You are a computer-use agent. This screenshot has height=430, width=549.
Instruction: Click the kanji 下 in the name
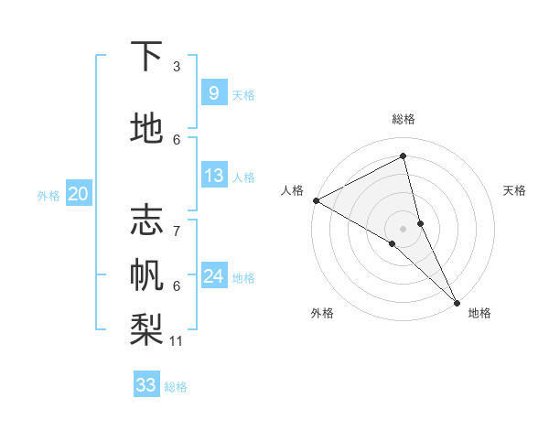point(146,58)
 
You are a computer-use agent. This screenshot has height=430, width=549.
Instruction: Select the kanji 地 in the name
point(146,129)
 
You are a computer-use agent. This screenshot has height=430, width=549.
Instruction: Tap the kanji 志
point(146,220)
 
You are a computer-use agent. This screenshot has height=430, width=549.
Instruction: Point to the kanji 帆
point(146,274)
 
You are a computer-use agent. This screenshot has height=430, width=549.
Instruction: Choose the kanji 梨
point(146,327)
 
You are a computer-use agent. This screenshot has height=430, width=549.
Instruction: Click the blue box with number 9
point(213,92)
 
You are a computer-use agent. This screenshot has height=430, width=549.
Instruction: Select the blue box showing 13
point(213,176)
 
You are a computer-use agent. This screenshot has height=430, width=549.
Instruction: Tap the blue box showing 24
point(213,275)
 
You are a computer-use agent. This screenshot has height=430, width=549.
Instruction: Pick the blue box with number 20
point(79,193)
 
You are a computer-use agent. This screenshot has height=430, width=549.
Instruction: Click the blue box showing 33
point(146,384)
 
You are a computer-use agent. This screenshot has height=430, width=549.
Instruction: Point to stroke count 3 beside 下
point(177,67)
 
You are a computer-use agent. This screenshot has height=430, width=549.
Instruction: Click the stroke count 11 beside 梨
point(177,341)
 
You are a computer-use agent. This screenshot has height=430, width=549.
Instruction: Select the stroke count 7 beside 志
point(177,222)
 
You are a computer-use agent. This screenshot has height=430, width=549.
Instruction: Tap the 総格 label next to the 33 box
point(176,387)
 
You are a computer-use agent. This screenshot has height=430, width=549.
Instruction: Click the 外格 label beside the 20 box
point(48,196)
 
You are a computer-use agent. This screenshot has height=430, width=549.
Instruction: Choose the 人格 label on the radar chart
point(292,190)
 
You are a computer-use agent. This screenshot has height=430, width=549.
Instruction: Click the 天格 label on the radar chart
point(515,190)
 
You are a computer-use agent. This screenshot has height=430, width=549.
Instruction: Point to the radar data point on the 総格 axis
point(404,156)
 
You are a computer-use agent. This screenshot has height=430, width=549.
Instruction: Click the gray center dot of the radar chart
point(403,227)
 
